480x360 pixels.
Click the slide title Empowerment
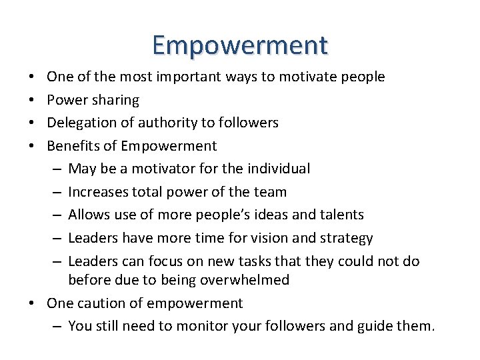[240, 45]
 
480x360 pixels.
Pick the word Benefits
[71, 146]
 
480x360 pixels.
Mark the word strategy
[349, 238]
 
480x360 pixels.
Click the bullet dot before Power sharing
[33, 100]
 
